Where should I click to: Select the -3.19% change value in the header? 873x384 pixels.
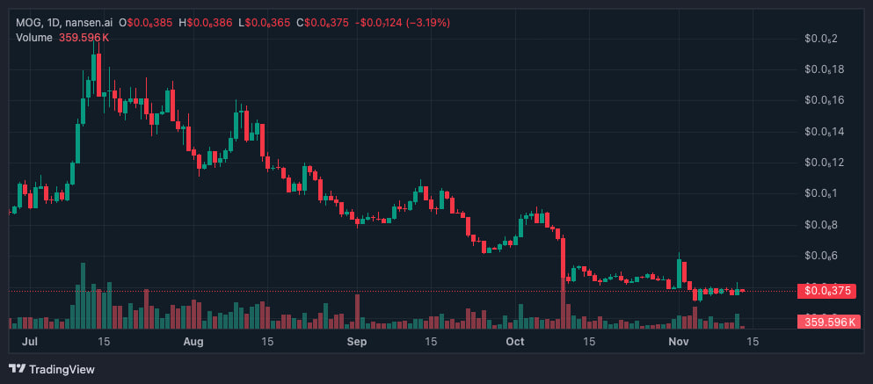click(407, 22)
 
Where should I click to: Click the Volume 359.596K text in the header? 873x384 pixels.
click(62, 37)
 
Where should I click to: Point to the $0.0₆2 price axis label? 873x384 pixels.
click(821, 39)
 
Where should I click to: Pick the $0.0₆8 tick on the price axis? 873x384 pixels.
click(821, 225)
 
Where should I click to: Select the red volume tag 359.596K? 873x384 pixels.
click(826, 322)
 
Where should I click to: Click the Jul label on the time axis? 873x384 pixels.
click(27, 341)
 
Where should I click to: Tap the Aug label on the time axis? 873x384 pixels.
click(194, 341)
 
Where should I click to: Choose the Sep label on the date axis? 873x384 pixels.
click(356, 341)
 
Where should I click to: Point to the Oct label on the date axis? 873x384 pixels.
click(516, 341)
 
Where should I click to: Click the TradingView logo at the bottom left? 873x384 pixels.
click(52, 369)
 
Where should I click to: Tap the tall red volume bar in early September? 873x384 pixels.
click(357, 311)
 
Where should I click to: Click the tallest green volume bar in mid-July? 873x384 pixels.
click(83, 295)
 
